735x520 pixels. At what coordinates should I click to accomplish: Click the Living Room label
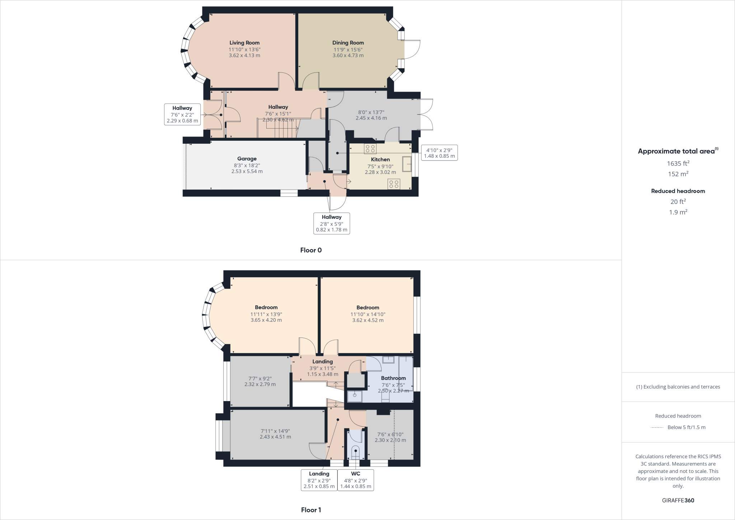click(244, 43)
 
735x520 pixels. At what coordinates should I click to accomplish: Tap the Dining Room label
click(348, 43)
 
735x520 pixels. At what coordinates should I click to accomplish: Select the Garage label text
click(247, 159)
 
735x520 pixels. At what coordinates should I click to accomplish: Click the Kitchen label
click(380, 159)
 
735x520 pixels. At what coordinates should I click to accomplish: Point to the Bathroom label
click(393, 378)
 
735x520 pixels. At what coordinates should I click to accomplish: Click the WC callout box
click(356, 480)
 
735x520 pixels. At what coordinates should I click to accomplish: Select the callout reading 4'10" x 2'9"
click(439, 153)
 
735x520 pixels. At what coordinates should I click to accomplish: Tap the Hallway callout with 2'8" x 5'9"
click(332, 223)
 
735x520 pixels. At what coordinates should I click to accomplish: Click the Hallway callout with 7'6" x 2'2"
click(182, 114)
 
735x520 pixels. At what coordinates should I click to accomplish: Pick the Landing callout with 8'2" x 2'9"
click(319, 480)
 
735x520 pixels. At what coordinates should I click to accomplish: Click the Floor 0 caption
click(311, 250)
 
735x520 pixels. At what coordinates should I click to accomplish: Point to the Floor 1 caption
click(311, 510)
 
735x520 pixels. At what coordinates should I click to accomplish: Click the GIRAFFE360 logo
click(678, 500)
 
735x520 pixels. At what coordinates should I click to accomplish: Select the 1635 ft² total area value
click(678, 163)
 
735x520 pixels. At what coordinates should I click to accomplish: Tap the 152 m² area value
click(678, 174)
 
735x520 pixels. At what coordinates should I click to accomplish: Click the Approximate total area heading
click(678, 151)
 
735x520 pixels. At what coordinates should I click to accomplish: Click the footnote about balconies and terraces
click(678, 387)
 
